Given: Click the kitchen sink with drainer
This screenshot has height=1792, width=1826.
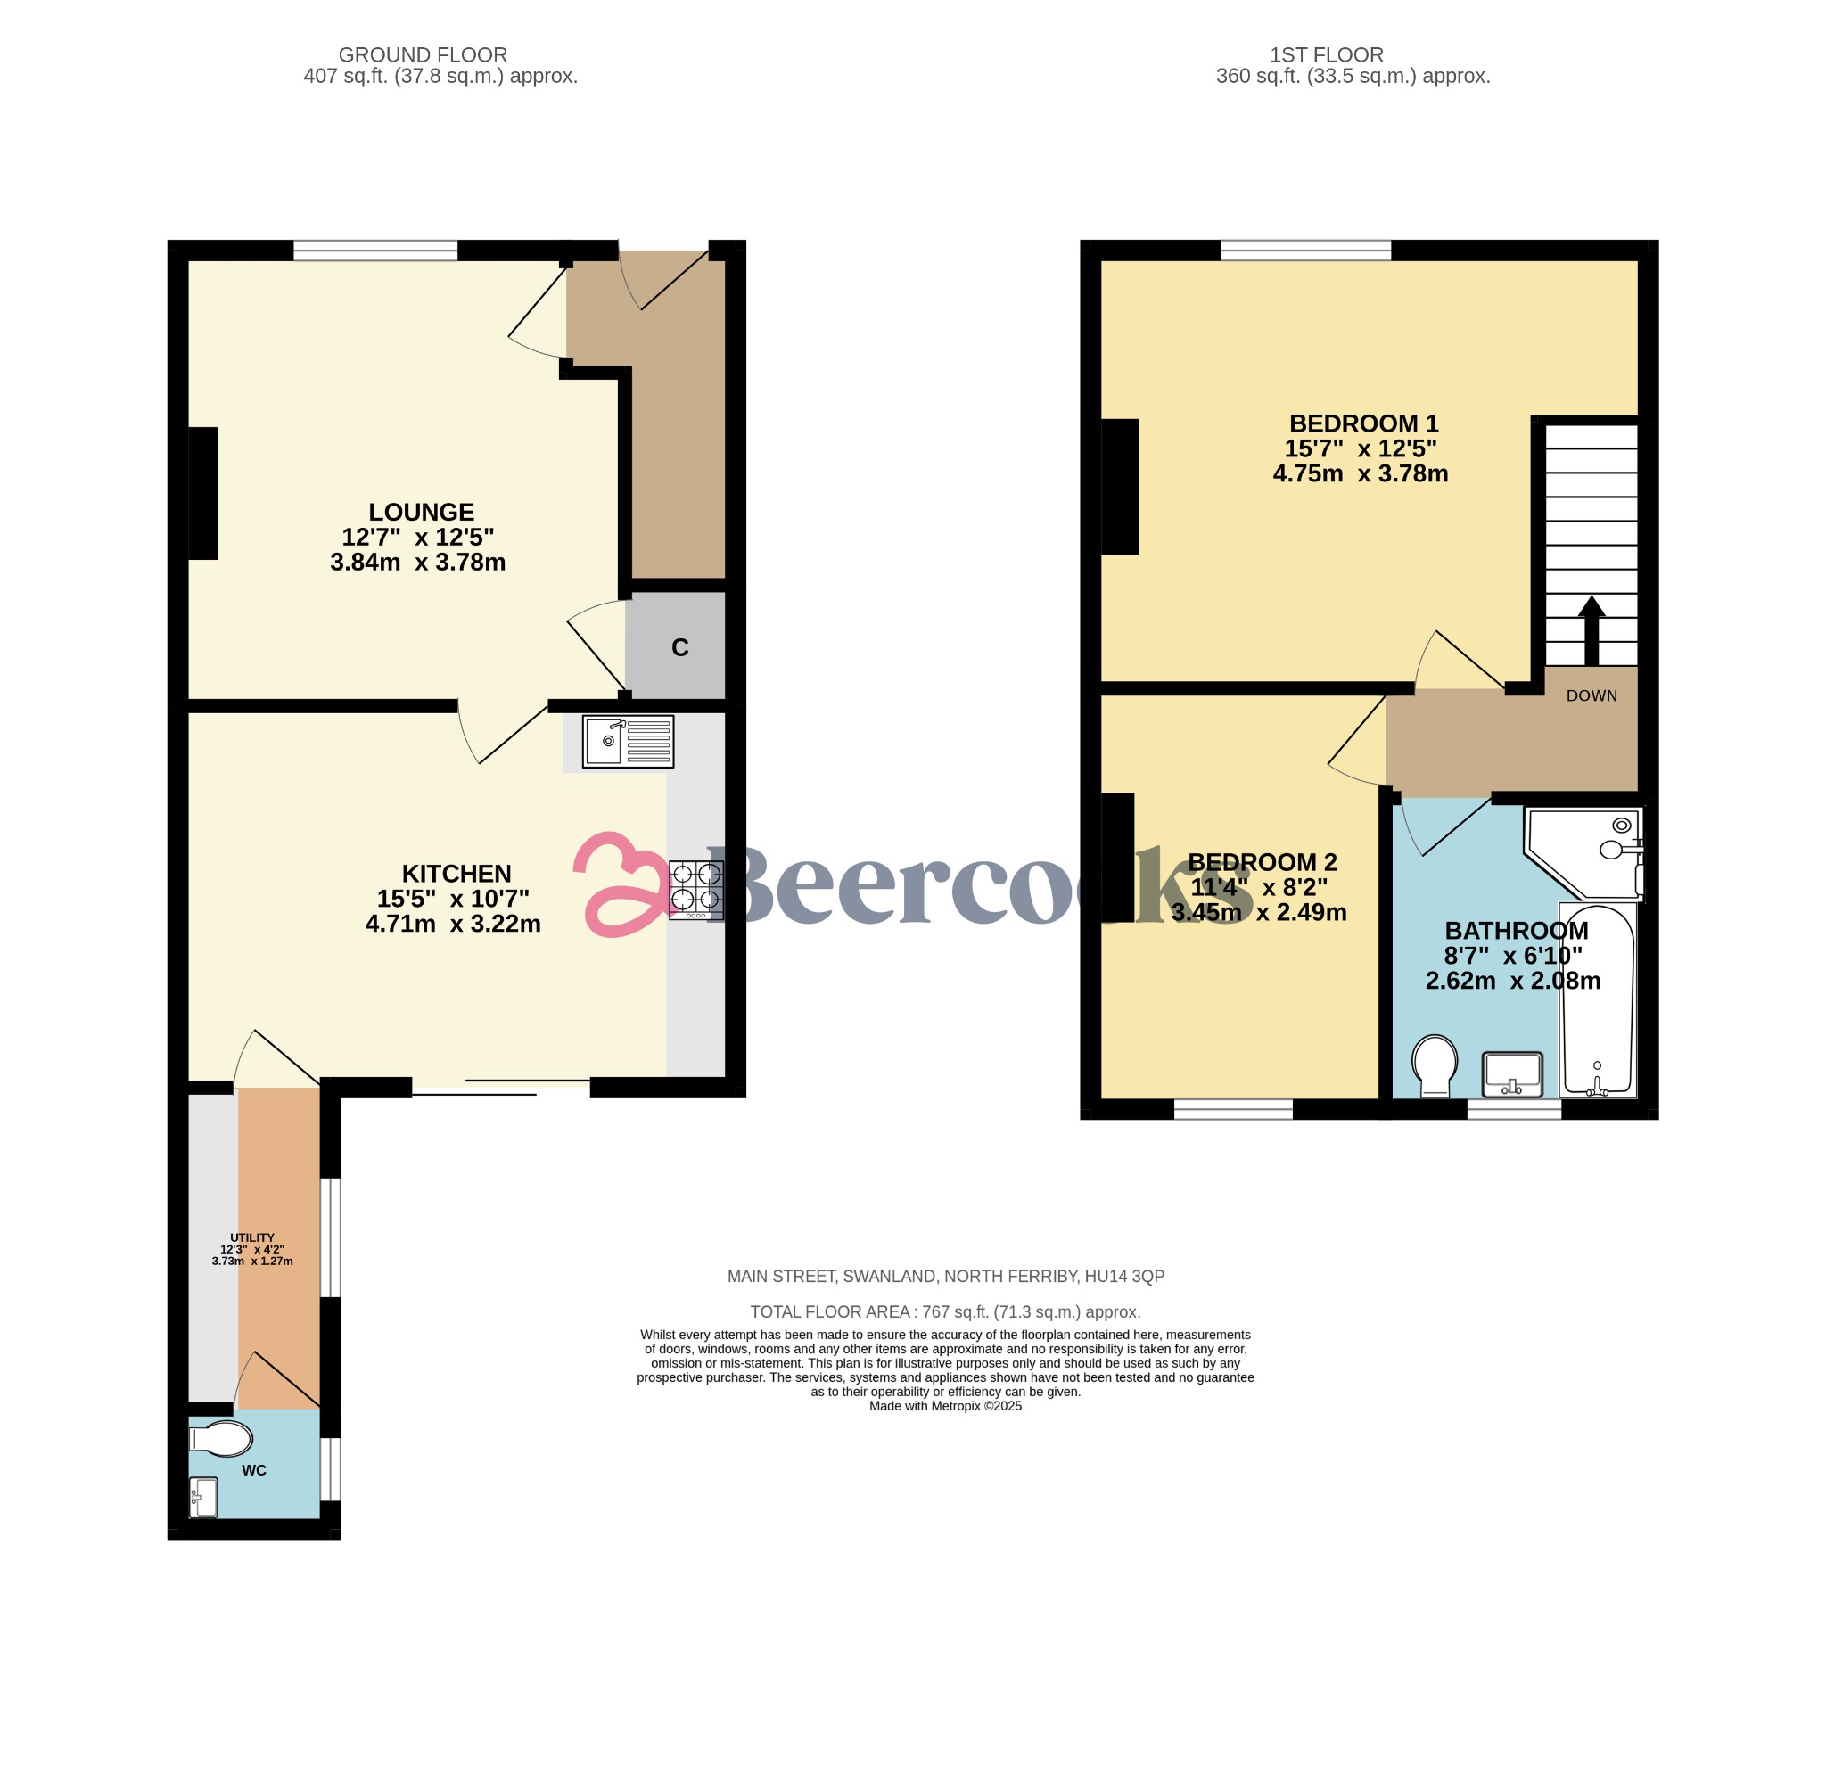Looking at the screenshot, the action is pyautogui.click(x=628, y=742).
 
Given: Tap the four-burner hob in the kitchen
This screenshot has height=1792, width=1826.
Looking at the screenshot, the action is pyautogui.click(x=696, y=890).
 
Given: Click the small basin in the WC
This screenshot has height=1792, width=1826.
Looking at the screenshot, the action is pyautogui.click(x=203, y=1498).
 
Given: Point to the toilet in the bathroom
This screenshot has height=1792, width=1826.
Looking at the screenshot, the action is pyautogui.click(x=1435, y=1066).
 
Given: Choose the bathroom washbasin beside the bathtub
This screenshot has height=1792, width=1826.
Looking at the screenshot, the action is pyautogui.click(x=1512, y=1075).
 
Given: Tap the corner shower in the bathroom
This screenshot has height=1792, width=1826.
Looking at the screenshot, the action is pyautogui.click(x=1584, y=851).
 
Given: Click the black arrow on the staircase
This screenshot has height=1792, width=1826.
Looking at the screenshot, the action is pyautogui.click(x=1592, y=630).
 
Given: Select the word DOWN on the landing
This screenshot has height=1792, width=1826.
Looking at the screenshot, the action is pyautogui.click(x=1592, y=695).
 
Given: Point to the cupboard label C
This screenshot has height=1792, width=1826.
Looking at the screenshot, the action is pyautogui.click(x=679, y=647).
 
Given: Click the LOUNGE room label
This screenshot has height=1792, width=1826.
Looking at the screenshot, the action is pyautogui.click(x=421, y=512).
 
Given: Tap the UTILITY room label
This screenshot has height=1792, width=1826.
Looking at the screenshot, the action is pyautogui.click(x=252, y=1237).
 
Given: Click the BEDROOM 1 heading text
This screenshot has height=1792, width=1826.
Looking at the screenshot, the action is pyautogui.click(x=1364, y=423).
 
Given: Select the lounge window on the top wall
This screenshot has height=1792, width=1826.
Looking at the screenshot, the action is pyautogui.click(x=375, y=251).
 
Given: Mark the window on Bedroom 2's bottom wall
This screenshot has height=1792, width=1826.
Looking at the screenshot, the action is pyautogui.click(x=1234, y=1109).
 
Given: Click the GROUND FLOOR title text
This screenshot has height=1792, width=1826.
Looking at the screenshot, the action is pyautogui.click(x=423, y=54).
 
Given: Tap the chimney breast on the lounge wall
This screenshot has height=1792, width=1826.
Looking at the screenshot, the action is pyautogui.click(x=203, y=493).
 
